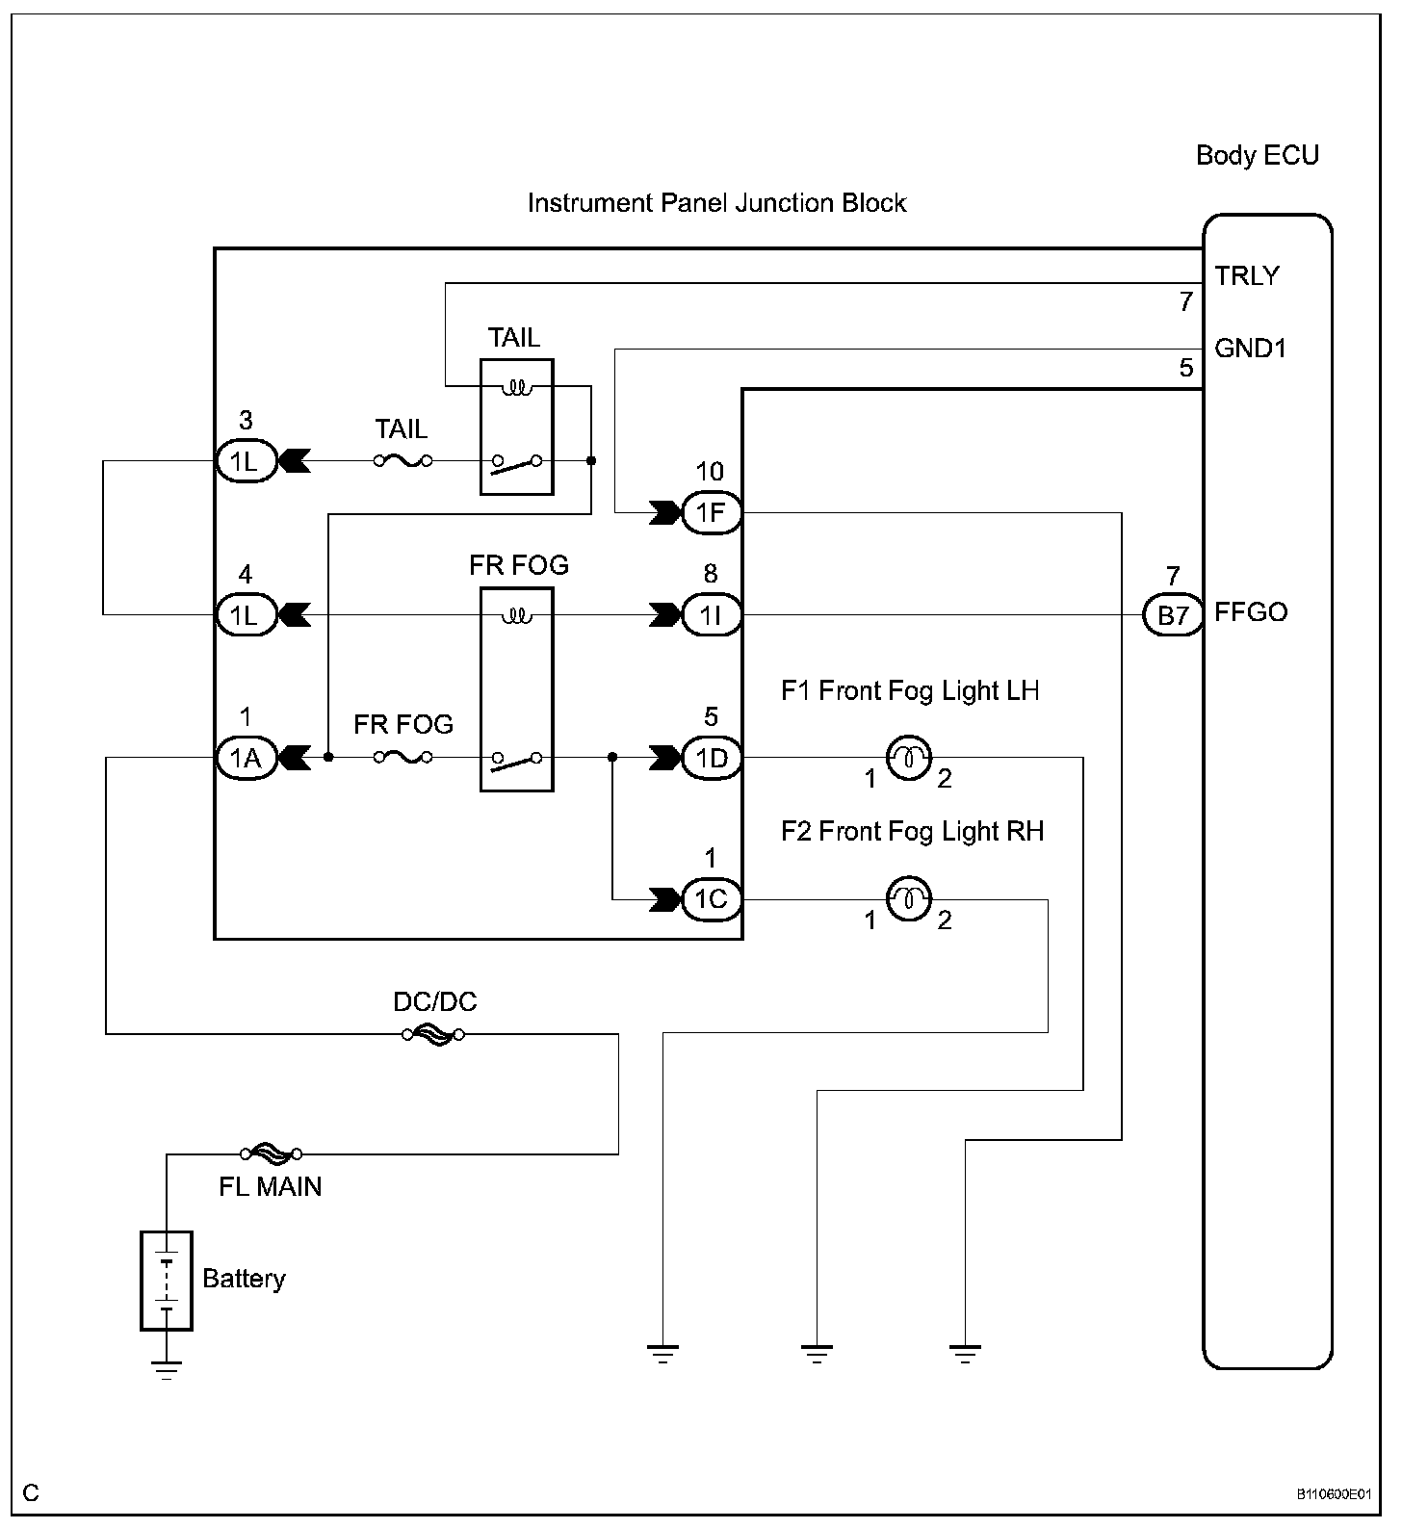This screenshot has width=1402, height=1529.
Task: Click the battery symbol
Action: [x=167, y=1281]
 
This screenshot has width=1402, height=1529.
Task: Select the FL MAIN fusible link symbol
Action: [x=272, y=1153]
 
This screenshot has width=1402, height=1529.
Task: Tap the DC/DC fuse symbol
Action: [x=433, y=1034]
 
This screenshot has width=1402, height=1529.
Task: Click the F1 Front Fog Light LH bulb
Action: [x=907, y=758]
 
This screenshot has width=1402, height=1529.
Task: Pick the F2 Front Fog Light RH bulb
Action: [x=907, y=899]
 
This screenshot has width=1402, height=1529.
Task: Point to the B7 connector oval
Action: [x=1173, y=614]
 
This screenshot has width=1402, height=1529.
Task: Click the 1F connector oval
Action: [x=712, y=512]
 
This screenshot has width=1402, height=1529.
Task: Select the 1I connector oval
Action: [x=712, y=614]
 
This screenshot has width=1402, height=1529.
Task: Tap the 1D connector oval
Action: [x=712, y=758]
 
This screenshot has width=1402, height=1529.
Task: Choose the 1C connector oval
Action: [x=712, y=899]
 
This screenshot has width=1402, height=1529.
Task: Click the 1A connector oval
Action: [x=246, y=758]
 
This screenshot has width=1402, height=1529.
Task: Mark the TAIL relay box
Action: [x=517, y=427]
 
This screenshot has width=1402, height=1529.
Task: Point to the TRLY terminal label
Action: [x=1247, y=276]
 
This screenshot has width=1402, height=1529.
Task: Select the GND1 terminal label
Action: [x=1250, y=348]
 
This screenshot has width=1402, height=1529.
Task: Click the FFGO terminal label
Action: [x=1251, y=612]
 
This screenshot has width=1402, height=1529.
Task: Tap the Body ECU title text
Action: [x=1258, y=155]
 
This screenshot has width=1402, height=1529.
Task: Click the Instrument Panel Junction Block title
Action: [x=717, y=203]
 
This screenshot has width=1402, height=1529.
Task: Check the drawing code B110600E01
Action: [x=1332, y=1494]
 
